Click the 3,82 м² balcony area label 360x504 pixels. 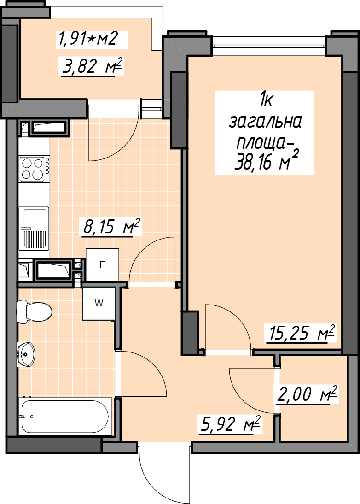pos(93,66)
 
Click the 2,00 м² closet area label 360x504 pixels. pos(307,394)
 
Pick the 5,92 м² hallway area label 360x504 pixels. pos(230,424)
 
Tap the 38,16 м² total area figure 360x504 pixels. pos(267,160)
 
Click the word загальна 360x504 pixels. pos(265,123)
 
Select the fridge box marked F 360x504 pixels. pos(103,264)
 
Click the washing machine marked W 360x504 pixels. pos(99,303)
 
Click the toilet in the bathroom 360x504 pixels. pos(35,311)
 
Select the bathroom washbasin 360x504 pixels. pos(26,354)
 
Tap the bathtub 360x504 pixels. pos(65,416)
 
